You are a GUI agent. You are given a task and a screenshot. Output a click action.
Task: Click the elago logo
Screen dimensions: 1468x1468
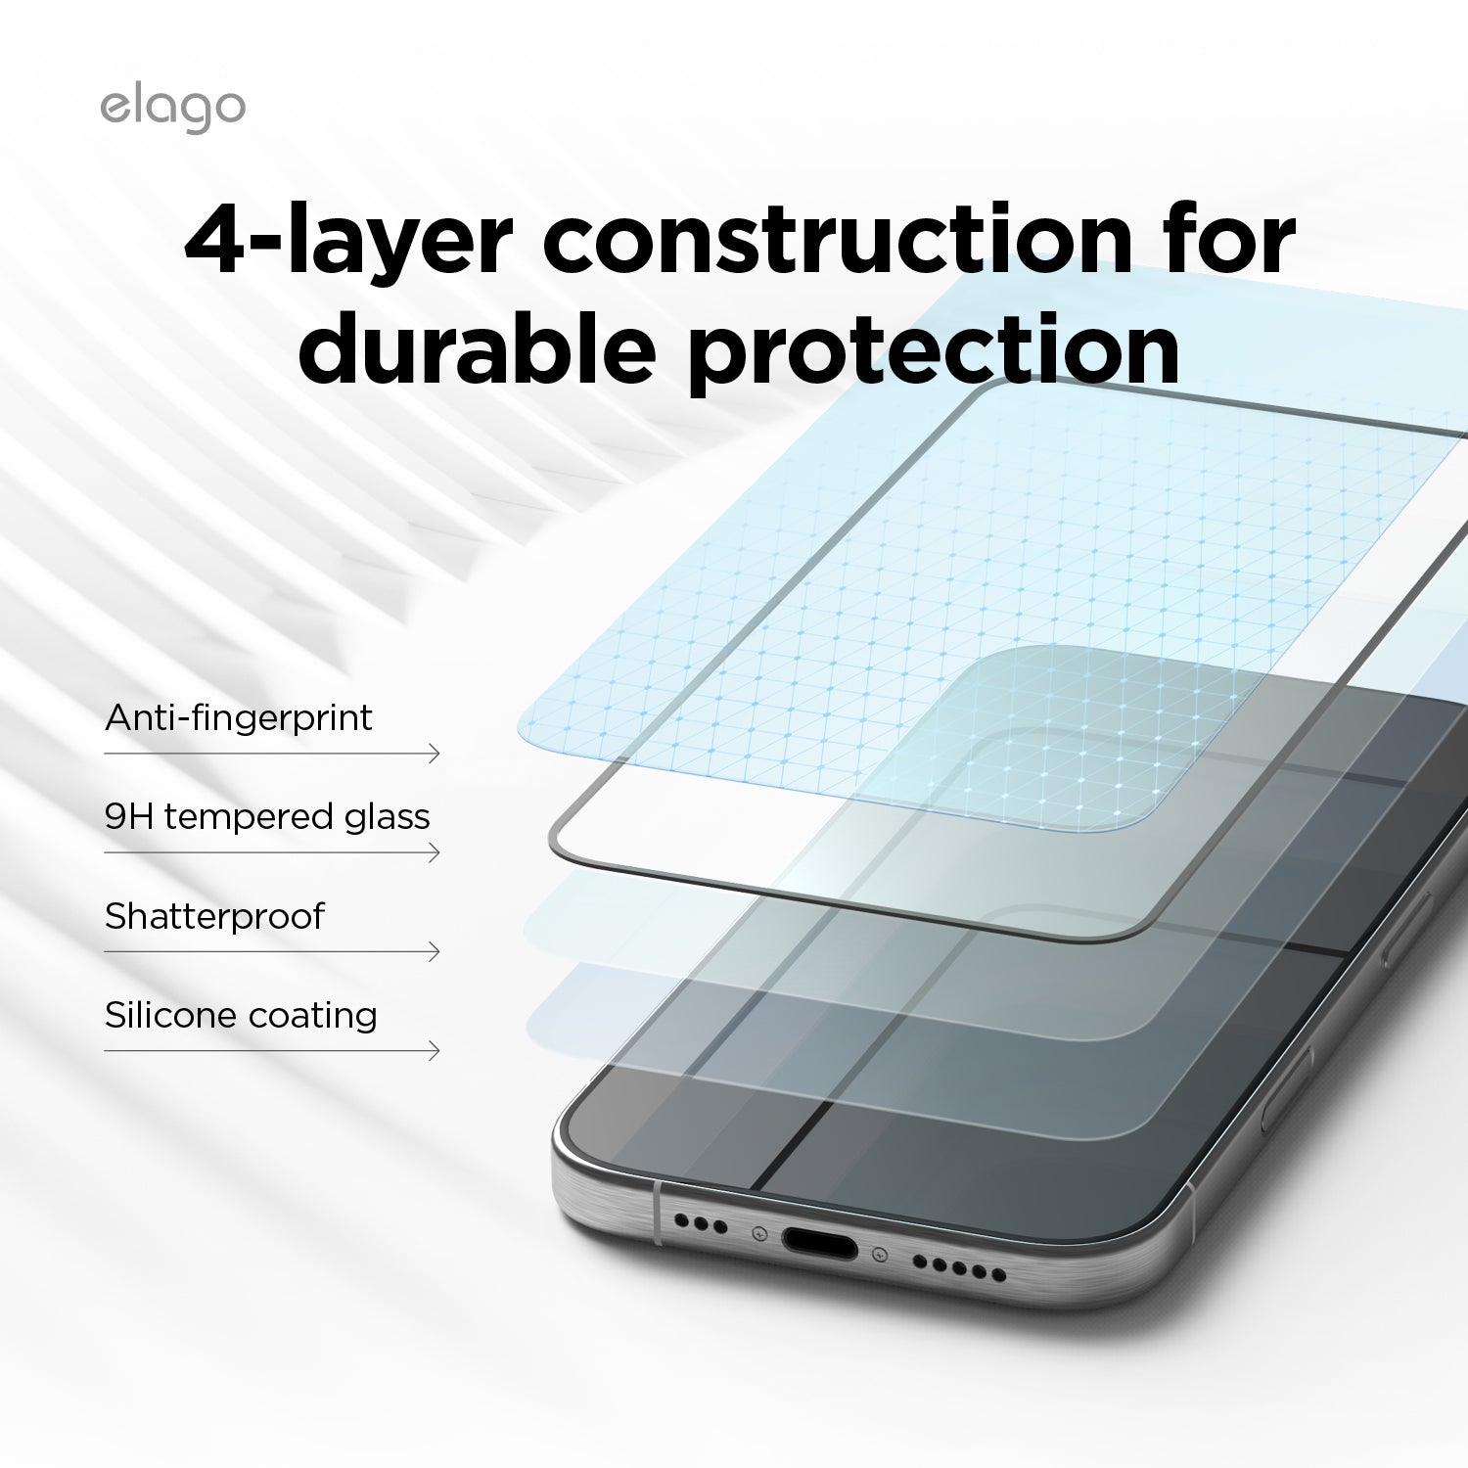tap(172, 109)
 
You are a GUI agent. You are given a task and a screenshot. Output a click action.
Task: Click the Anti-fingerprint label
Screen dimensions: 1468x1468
tap(239, 717)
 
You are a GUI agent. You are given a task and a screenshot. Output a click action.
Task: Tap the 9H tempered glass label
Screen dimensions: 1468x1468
tap(267, 817)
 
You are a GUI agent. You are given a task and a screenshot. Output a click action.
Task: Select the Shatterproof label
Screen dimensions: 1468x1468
tap(214, 916)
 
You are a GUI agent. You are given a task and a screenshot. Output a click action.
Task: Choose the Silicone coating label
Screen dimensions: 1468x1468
tap(241, 1015)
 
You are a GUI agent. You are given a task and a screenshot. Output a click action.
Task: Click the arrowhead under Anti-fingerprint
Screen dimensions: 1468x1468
tap(435, 754)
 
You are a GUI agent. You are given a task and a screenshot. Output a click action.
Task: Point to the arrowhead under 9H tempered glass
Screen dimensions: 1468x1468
tap(435, 852)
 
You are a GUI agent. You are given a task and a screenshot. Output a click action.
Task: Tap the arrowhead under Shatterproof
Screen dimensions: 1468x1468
tap(435, 951)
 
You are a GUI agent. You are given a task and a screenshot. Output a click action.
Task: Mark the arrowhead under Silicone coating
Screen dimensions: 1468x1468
tap(435, 1051)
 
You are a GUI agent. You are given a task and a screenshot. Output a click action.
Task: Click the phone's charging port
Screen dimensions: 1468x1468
tap(819, 1245)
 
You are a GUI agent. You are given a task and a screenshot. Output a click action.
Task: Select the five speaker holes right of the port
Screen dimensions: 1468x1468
tap(959, 1268)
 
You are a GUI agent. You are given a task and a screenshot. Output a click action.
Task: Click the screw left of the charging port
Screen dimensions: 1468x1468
tap(758, 1234)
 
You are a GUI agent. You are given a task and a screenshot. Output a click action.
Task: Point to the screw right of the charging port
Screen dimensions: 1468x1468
tap(880, 1255)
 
